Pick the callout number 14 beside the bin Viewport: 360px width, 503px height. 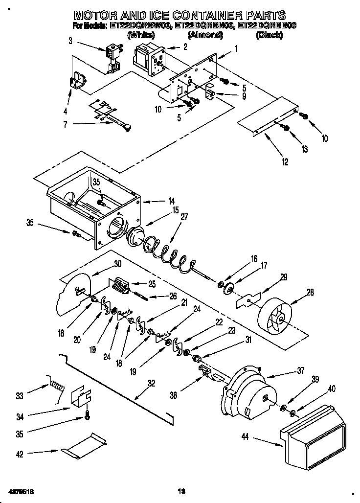(157, 201)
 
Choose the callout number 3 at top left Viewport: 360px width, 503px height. (71, 41)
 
